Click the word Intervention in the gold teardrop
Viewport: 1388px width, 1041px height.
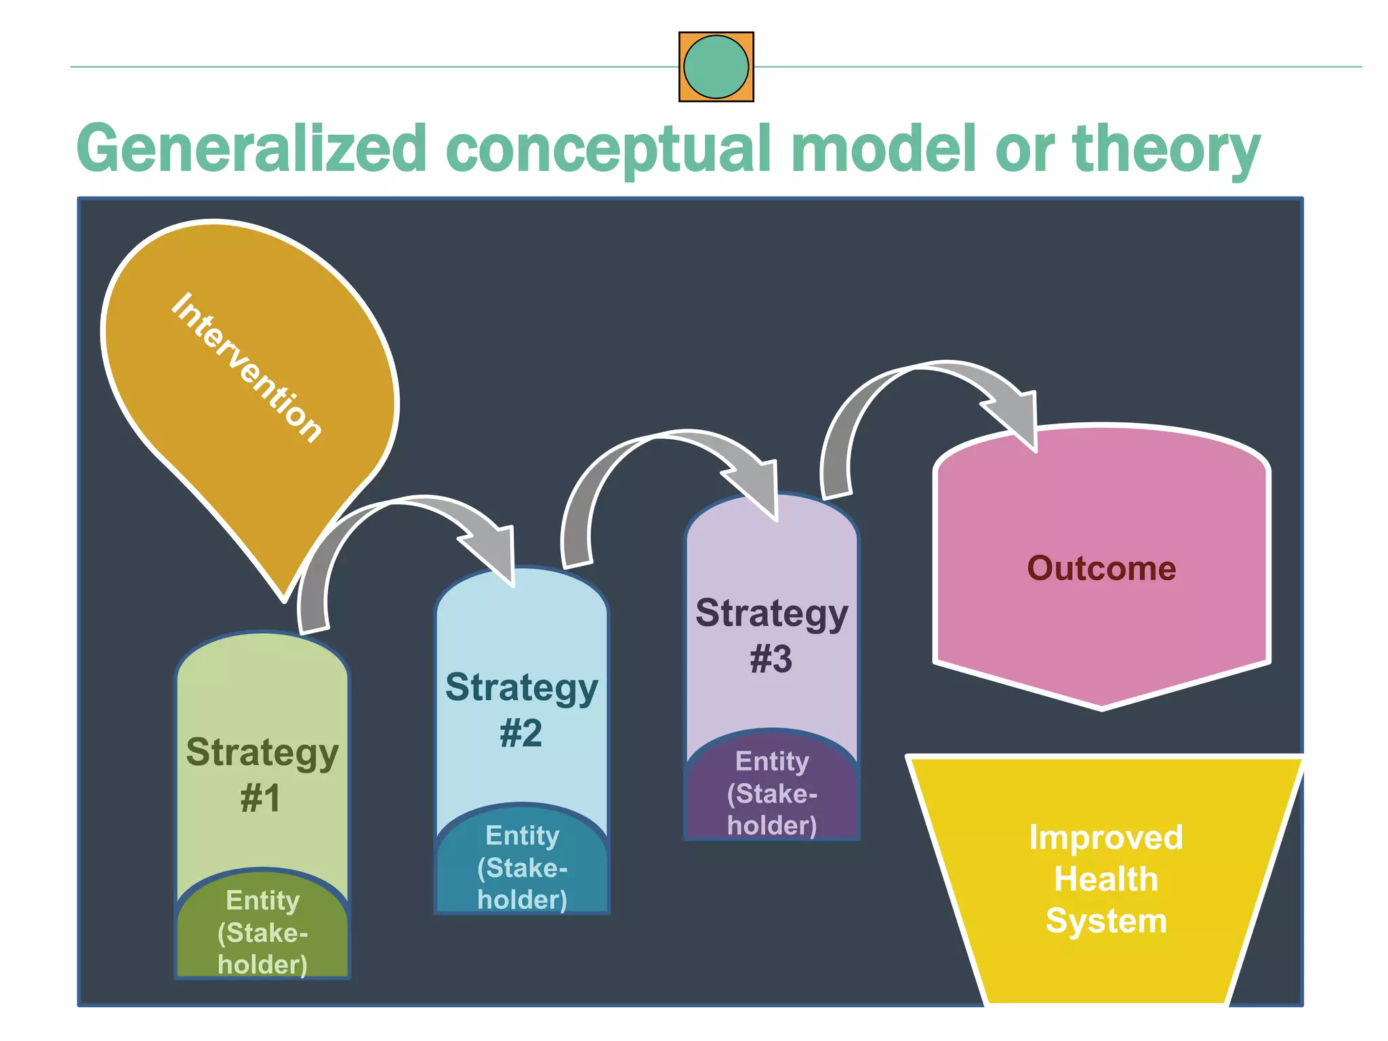tap(245, 367)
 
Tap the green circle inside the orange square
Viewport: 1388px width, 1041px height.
tap(716, 67)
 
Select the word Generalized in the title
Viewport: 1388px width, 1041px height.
tap(251, 148)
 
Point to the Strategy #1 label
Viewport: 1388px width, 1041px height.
tap(262, 774)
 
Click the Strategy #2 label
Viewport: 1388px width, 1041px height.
tap(521, 710)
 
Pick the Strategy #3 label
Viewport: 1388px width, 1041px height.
tap(771, 635)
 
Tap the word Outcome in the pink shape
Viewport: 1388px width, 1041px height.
tap(1101, 568)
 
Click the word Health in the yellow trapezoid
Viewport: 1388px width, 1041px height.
tap(1105, 879)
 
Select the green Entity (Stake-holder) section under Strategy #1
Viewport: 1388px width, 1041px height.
tap(262, 933)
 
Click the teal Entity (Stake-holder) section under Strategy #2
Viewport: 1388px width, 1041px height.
tap(522, 867)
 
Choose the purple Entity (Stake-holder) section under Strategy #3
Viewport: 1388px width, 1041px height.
tap(772, 793)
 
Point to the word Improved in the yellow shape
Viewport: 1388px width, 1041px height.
tap(1105, 837)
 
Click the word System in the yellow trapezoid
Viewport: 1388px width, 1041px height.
tap(1105, 920)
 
